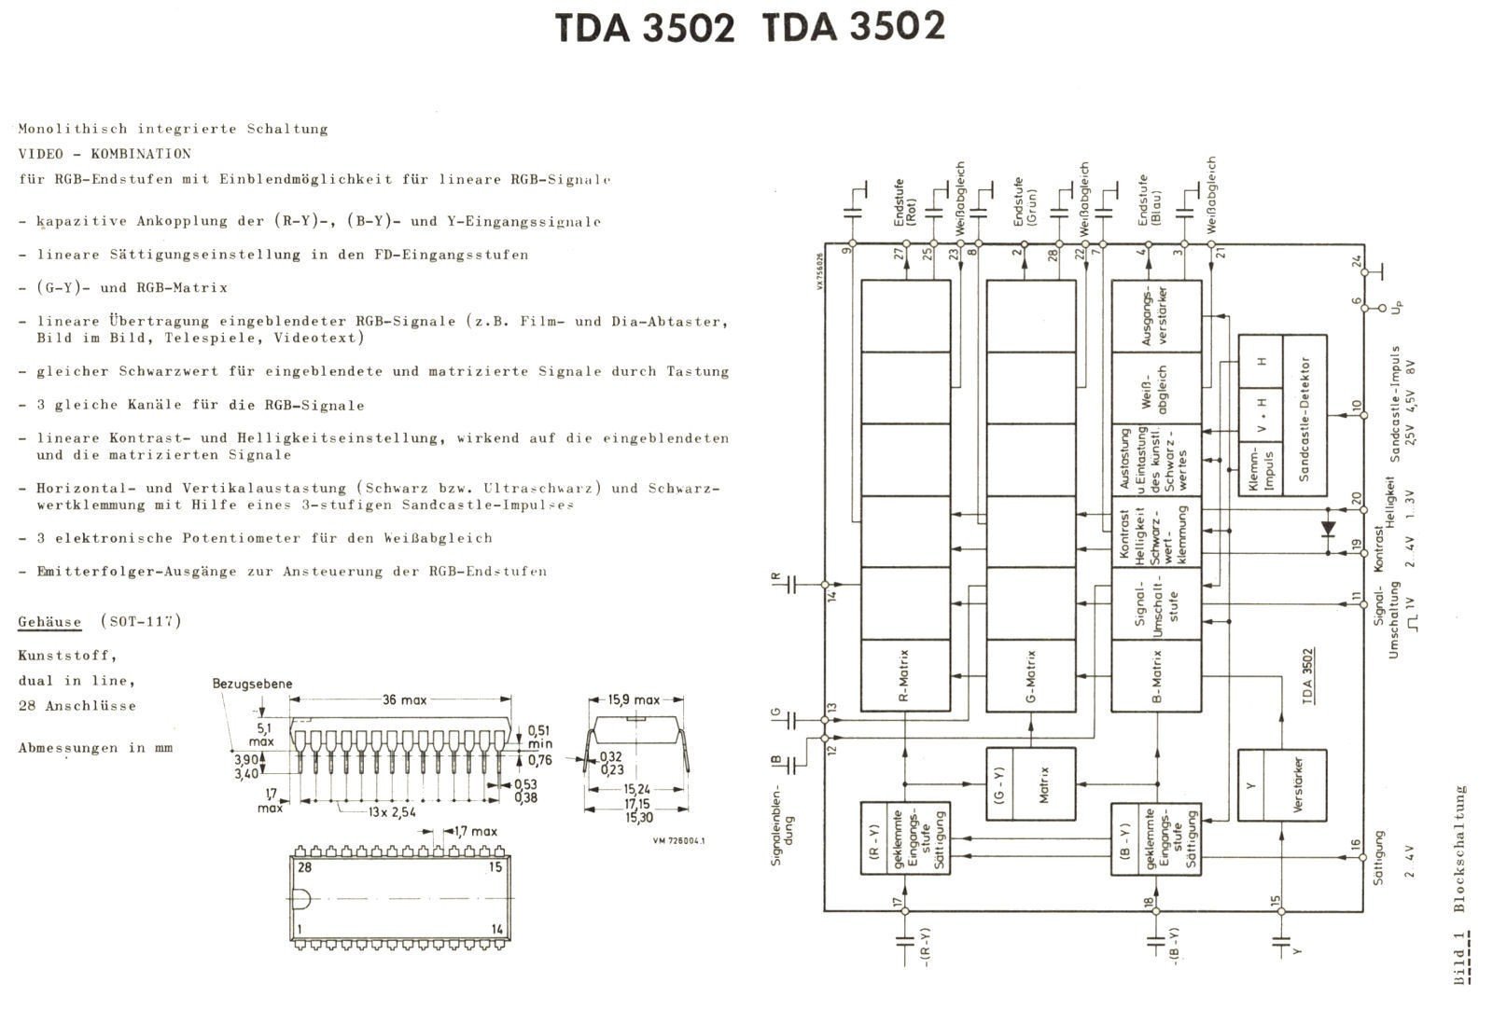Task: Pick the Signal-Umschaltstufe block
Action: pyautogui.click(x=1156, y=603)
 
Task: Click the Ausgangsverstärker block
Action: pyautogui.click(x=1156, y=316)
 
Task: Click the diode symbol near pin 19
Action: pyautogui.click(x=1329, y=529)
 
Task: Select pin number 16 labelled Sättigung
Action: pyautogui.click(x=1356, y=846)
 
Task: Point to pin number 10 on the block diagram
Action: pyautogui.click(x=1356, y=407)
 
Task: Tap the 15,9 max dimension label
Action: pyautogui.click(x=635, y=699)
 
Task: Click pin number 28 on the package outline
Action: pyautogui.click(x=304, y=867)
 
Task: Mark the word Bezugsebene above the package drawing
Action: pyautogui.click(x=252, y=684)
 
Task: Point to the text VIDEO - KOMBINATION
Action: pyautogui.click(x=104, y=154)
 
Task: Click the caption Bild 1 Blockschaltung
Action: pyautogui.click(x=1461, y=886)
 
